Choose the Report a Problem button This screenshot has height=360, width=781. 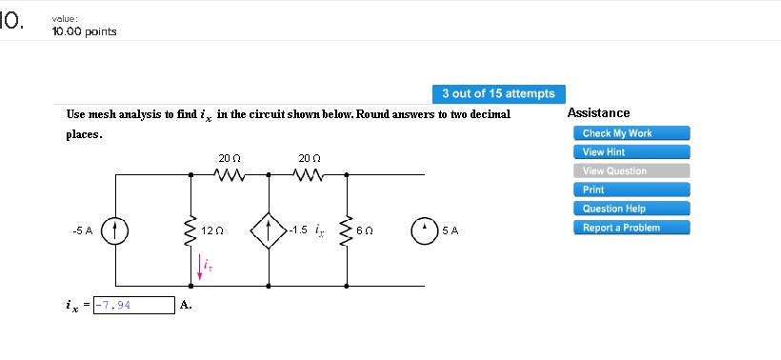click(622, 228)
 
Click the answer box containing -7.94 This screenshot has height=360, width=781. click(133, 305)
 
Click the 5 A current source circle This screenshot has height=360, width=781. click(425, 230)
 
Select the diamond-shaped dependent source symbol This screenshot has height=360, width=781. click(269, 230)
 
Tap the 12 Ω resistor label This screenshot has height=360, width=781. click(213, 230)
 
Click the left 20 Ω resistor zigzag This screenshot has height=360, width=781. click(230, 174)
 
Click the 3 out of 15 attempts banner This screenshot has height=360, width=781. click(498, 93)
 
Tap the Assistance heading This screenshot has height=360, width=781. click(598, 113)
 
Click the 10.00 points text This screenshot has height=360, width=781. click(86, 31)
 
